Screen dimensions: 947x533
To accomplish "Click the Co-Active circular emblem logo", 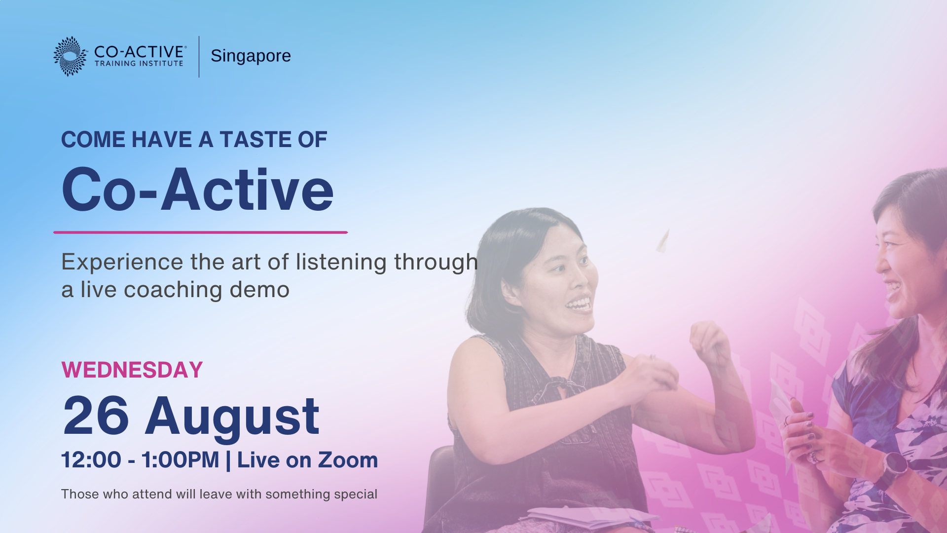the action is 70,56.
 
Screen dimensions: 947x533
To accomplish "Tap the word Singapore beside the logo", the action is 251,56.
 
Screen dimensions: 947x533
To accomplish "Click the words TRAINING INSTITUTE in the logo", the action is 139,63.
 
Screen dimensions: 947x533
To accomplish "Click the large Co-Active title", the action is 198,190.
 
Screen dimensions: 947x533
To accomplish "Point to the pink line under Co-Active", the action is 201,232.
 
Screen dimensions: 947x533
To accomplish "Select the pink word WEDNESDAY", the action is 132,370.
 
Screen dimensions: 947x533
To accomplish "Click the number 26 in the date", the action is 96,416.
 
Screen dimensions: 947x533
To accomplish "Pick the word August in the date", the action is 232,419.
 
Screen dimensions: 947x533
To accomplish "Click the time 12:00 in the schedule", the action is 91,460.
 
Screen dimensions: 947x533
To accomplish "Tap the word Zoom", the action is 348,460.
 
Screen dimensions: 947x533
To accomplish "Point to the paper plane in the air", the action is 662,241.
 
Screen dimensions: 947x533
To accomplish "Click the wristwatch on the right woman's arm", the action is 894,469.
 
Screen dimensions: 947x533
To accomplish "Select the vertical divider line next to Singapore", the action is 199,56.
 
